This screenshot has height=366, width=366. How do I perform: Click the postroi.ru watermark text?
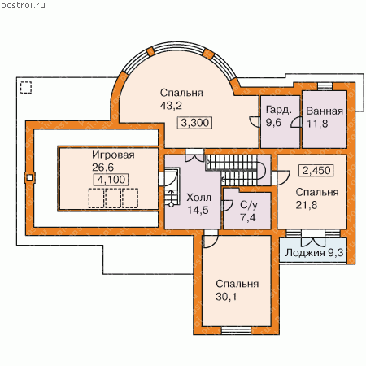pyautogui.click(x=23, y=6)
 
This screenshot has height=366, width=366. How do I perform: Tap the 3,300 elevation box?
pyautogui.click(x=194, y=123)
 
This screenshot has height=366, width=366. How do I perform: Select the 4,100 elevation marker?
pyautogui.click(x=111, y=180)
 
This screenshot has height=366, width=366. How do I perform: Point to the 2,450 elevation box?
pyautogui.click(x=316, y=171)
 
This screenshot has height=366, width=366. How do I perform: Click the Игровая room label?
pyautogui.click(x=113, y=155)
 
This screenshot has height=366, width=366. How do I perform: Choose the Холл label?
pyautogui.click(x=198, y=198)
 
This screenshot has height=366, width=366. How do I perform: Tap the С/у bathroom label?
pyautogui.click(x=249, y=205)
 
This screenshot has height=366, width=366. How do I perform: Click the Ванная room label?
pyautogui.click(x=325, y=111)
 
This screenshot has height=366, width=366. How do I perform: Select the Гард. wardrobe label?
pyautogui.click(x=279, y=110)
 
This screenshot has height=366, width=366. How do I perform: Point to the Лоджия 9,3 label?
pyautogui.click(x=314, y=253)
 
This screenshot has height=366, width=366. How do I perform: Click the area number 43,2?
pyautogui.click(x=171, y=106)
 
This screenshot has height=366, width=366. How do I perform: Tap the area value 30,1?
pyautogui.click(x=226, y=297)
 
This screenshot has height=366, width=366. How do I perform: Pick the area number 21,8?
pyautogui.click(x=307, y=205)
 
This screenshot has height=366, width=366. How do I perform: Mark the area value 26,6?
pyautogui.click(x=102, y=168)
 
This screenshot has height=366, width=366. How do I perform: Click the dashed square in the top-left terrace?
pyautogui.click(x=26, y=88)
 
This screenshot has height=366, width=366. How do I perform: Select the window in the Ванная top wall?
pyautogui.click(x=325, y=86)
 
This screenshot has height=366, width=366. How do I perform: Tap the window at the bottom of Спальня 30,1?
pyautogui.click(x=236, y=330)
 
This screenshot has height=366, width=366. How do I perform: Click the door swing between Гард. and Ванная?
pyautogui.click(x=296, y=122)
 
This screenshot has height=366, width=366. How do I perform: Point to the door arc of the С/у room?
pyautogui.click(x=228, y=206)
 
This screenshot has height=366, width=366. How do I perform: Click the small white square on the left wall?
pyautogui.click(x=29, y=177)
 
